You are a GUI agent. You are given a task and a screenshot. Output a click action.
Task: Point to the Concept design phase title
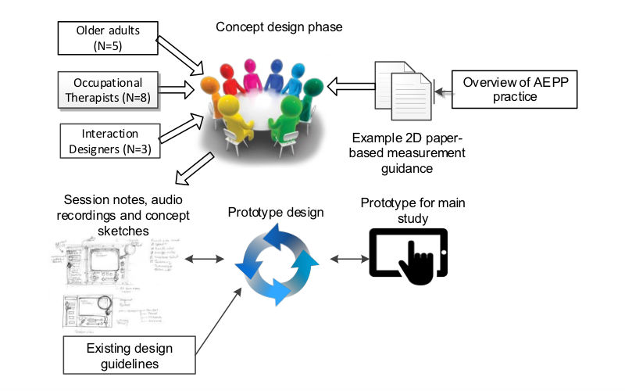[x=280, y=27]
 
